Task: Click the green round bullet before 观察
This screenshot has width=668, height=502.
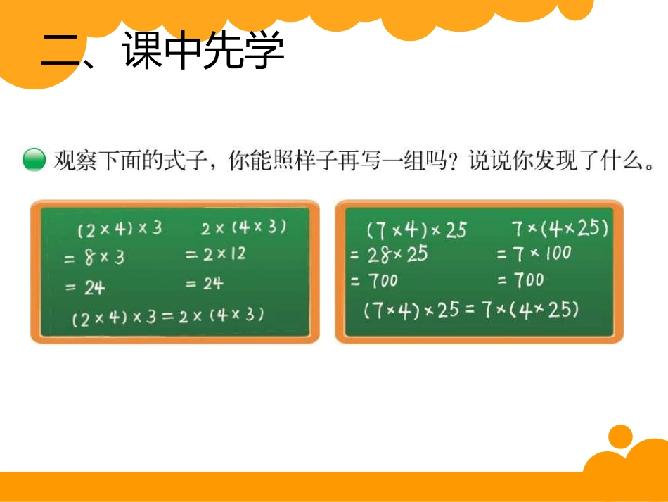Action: tap(34, 161)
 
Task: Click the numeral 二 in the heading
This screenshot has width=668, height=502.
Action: tap(62, 52)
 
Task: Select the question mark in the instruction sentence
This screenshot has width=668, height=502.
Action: tap(454, 161)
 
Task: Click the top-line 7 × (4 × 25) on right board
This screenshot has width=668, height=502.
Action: tap(560, 228)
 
